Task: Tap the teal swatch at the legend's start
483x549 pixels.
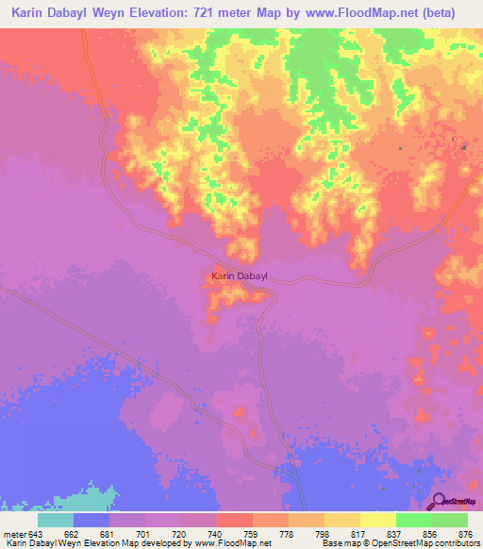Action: pos(55,520)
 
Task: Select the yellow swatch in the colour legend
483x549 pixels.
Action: pos(377,520)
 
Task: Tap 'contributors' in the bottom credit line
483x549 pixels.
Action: pos(454,543)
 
